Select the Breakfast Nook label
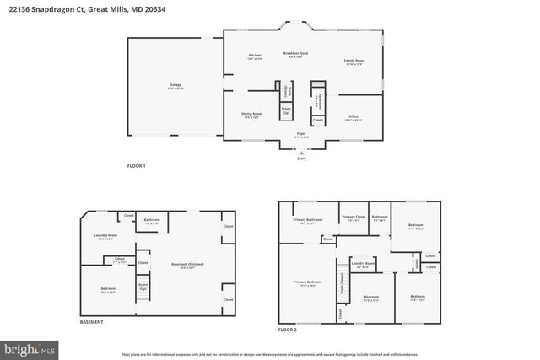pos(298,55)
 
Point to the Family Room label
pos(354,62)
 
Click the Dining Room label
pos(251,116)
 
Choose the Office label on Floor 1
pos(354,118)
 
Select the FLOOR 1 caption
pos(137,165)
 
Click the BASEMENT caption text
pos(91,322)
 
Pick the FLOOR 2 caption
pos(289,330)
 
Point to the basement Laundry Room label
pos(105,237)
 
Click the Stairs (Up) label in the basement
pos(143,287)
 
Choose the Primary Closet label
pos(354,218)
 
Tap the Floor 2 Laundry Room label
pos(363,265)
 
